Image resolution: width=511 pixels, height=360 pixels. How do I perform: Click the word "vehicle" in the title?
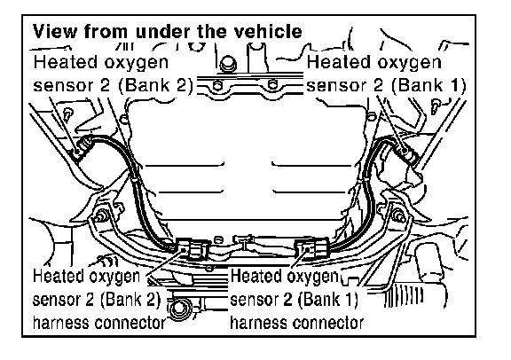coord(273,32)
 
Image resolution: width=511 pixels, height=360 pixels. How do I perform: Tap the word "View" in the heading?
coord(55,32)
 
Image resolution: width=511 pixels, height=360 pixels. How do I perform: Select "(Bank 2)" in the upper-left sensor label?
coord(155,85)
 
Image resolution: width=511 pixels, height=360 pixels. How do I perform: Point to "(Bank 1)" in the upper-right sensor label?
coord(428,85)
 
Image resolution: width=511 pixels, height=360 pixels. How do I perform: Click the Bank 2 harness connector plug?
coord(193,248)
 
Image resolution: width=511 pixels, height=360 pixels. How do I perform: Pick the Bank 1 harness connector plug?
coord(311,249)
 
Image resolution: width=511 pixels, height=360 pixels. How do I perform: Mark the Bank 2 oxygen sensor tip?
coord(82,147)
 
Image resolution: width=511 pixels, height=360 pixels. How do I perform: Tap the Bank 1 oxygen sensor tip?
coord(408,152)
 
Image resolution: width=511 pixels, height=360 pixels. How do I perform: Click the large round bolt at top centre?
coord(228,64)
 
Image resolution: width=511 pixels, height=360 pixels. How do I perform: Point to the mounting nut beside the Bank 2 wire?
coord(101,215)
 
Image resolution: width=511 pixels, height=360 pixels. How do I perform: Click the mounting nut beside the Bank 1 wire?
coord(398,216)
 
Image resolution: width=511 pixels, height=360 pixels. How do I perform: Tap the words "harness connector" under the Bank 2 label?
coord(99,323)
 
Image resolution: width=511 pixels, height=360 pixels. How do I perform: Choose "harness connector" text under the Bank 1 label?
coord(296,323)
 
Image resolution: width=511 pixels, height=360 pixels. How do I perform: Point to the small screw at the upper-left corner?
coord(69,114)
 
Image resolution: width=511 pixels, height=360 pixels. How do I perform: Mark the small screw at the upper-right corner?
coord(436,106)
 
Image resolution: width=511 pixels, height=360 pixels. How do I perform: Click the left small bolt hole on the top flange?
coord(217,86)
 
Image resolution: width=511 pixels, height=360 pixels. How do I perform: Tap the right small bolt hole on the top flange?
coord(272,85)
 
